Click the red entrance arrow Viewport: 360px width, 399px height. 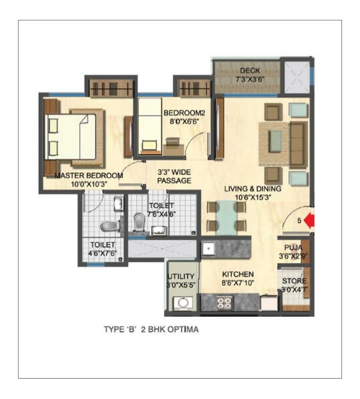[x=309, y=221]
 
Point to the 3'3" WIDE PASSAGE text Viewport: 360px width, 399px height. [x=174, y=176]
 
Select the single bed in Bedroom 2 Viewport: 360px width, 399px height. [x=151, y=125]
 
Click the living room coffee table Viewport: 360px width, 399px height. [x=275, y=139]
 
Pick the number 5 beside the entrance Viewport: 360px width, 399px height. [x=300, y=221]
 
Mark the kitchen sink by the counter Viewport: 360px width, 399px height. [x=208, y=248]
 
